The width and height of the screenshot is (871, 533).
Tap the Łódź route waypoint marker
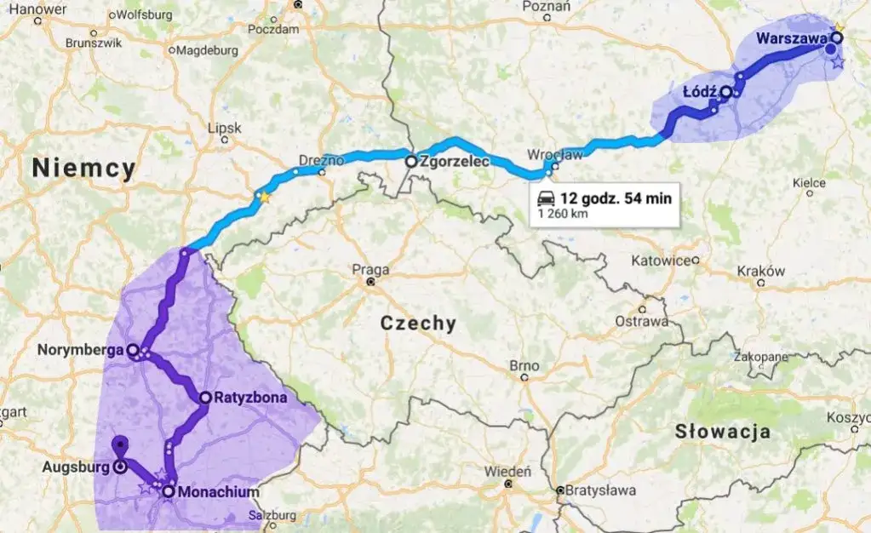(725, 92)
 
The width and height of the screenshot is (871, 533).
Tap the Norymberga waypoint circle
(133, 349)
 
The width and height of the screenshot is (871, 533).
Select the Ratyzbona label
(249, 398)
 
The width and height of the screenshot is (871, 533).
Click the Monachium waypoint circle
(169, 491)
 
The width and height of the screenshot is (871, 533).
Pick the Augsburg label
(75, 467)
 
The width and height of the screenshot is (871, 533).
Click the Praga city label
(370, 270)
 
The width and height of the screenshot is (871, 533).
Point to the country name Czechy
(418, 324)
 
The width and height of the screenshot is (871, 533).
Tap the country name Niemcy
(83, 169)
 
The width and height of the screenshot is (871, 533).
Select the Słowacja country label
(723, 431)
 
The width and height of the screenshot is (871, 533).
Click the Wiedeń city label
(507, 471)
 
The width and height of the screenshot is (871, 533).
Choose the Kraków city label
(760, 271)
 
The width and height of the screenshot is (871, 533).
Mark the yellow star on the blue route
(264, 198)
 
